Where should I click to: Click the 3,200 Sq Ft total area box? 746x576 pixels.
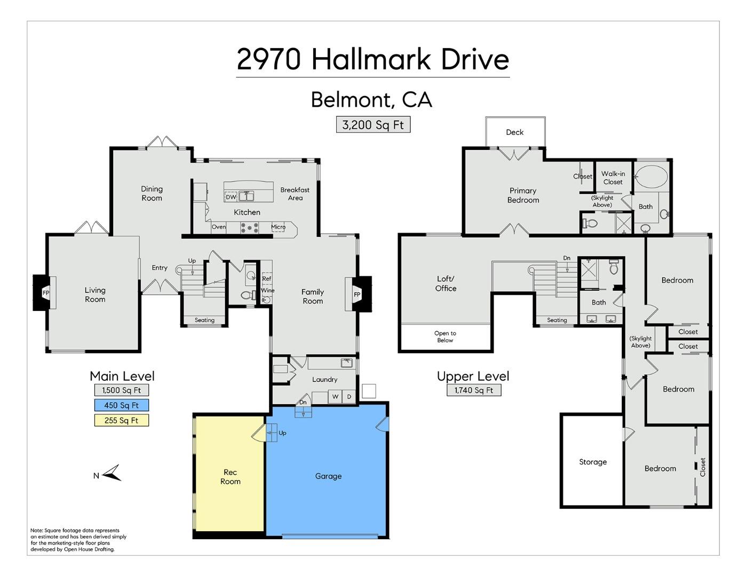(x=373, y=125)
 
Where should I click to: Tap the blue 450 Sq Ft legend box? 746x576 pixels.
(x=121, y=405)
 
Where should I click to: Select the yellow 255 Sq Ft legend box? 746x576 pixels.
(x=121, y=420)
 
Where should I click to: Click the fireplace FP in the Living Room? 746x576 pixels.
(x=46, y=293)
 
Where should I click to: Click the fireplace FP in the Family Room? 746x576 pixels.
(x=357, y=294)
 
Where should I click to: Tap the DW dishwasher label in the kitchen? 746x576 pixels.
(x=231, y=197)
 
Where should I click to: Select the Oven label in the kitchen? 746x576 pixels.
(x=219, y=227)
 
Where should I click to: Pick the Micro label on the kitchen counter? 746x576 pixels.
(x=278, y=227)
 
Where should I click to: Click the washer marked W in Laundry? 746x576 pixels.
(x=335, y=396)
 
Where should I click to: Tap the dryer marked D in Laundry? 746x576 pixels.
(x=349, y=396)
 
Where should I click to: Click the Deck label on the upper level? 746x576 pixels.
(x=514, y=132)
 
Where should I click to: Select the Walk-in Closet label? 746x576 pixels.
(x=613, y=178)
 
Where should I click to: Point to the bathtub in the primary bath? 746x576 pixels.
(x=650, y=176)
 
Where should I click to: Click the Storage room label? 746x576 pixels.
(x=593, y=462)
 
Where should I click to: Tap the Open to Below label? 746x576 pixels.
(x=445, y=337)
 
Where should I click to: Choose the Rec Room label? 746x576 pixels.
(x=230, y=476)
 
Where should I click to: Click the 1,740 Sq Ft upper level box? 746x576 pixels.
(x=473, y=390)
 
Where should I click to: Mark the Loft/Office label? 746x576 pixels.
(x=446, y=283)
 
